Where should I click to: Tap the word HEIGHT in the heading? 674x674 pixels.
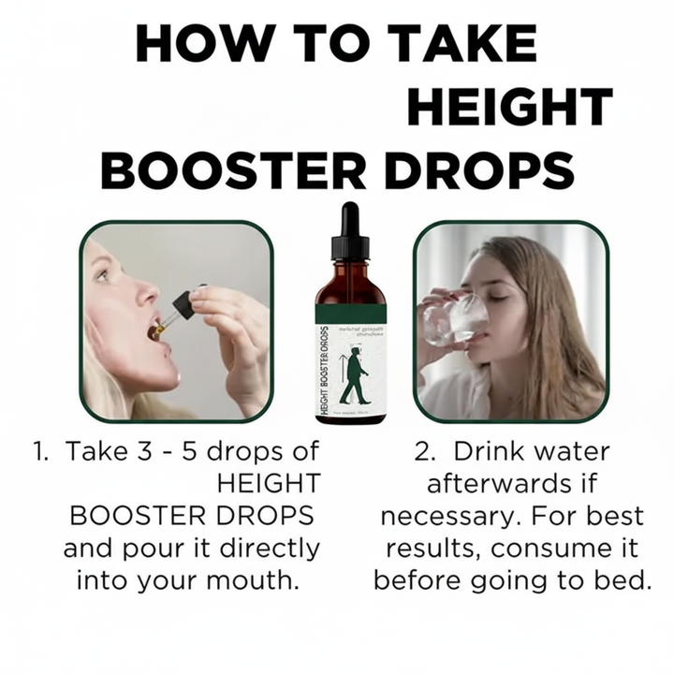click(509, 107)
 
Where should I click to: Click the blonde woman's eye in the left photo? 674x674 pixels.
click(101, 274)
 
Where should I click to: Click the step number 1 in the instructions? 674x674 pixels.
click(39, 451)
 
